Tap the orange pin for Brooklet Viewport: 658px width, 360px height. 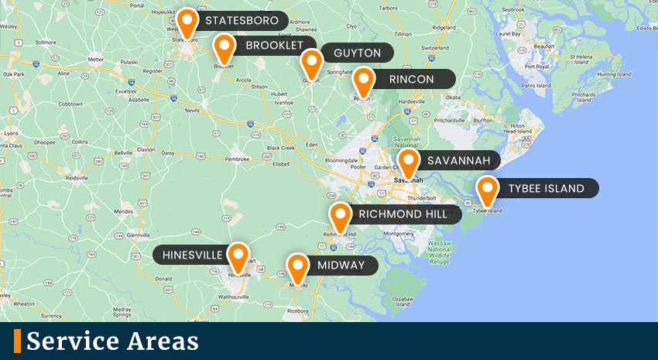coord(224,48)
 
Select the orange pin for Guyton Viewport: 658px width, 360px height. coord(311,62)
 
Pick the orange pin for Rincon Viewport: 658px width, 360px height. coord(364,81)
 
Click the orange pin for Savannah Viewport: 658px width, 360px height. coord(409,163)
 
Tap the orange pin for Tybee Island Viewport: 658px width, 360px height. coord(487,190)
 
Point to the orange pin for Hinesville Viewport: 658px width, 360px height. coord(239,256)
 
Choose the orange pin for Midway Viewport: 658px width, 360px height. coord(297,267)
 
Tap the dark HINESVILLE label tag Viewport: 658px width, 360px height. coord(190,255)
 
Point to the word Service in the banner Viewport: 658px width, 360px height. coord(67,341)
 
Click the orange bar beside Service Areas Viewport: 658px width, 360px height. coord(17,341)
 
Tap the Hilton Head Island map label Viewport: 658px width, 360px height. coord(516,129)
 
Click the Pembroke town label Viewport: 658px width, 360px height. coord(237,159)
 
